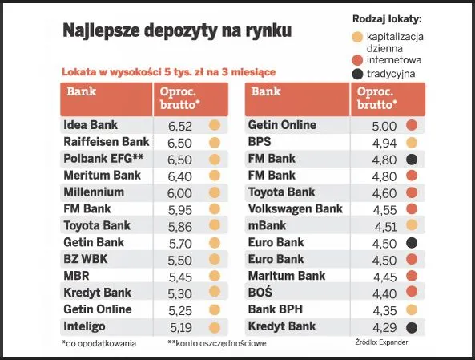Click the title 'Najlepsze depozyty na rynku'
coord(177,31)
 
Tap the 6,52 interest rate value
coord(179,125)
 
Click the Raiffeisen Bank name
coord(106,142)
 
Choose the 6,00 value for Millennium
coord(179,192)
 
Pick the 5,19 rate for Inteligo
coord(179,326)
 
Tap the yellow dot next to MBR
coord(214,277)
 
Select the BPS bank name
coord(261,142)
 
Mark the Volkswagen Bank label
coord(296,209)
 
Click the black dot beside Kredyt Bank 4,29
coord(412,326)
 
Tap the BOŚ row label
coord(261,293)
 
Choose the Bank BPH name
coord(276,309)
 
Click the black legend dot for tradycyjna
coord(357,75)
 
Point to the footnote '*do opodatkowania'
coord(99,343)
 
